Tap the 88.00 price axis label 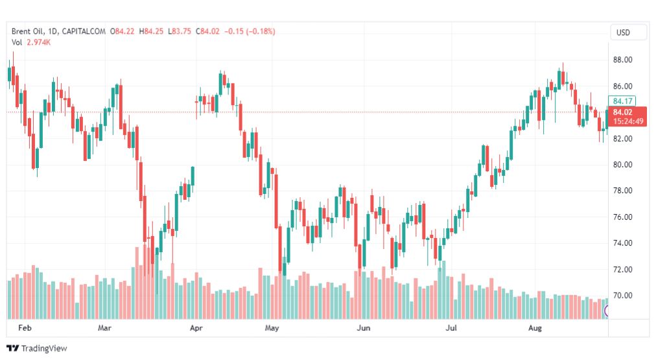tap(622, 60)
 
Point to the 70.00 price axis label tap(622, 296)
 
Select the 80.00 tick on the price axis tap(622, 165)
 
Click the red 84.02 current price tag tap(627, 116)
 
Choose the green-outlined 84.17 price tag tap(622, 101)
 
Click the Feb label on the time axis tap(25, 328)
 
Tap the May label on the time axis tap(272, 328)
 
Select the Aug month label tap(535, 328)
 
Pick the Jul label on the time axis tap(451, 328)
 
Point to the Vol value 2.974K tap(38, 42)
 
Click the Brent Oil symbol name tap(27, 31)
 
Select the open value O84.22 tap(122, 31)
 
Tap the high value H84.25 tap(151, 31)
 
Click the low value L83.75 tap(180, 31)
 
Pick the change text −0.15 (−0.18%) tap(250, 31)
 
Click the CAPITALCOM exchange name tap(84, 31)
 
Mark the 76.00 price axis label tap(622, 217)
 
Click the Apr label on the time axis tap(196, 328)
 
